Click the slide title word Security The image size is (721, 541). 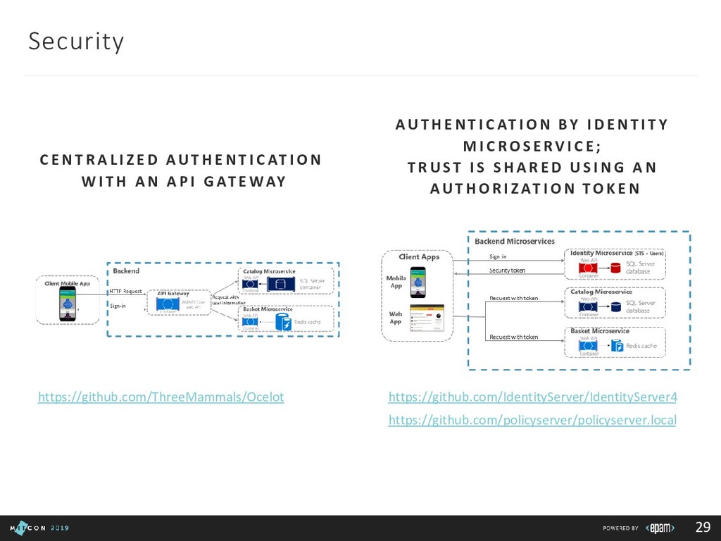coord(76,42)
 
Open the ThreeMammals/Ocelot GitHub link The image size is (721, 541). coord(161,397)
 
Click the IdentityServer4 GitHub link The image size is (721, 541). coord(532,397)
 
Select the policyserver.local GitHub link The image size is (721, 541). coord(532,421)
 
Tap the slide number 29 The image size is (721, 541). coord(702,528)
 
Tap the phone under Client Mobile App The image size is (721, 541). coord(67,303)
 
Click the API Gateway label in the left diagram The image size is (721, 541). coord(173,294)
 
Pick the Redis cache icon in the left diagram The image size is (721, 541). coord(283,323)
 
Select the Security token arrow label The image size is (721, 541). coord(508,270)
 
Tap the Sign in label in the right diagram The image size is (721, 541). coord(498,256)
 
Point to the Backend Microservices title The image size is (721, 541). coord(513,242)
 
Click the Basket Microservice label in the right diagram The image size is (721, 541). coord(599,331)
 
